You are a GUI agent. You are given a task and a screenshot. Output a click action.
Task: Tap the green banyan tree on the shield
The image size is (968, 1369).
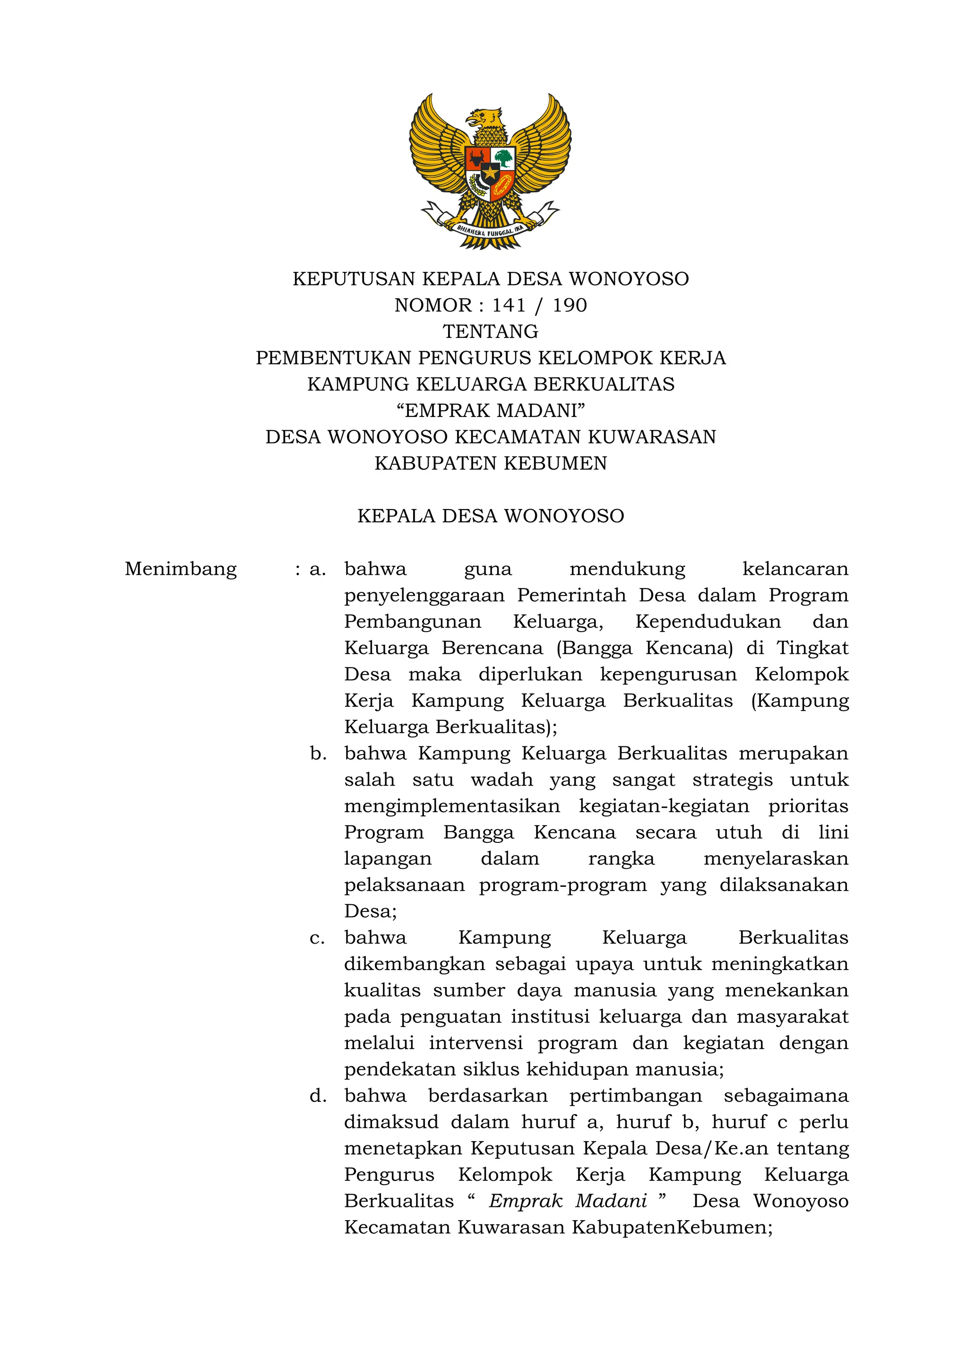[x=504, y=157]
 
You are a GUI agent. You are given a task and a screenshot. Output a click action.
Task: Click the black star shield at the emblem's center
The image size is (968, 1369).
[x=490, y=174]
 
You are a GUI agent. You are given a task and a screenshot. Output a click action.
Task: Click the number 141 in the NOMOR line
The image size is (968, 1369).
[x=509, y=305]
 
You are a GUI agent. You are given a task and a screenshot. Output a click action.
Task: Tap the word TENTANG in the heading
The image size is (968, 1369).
[x=491, y=331]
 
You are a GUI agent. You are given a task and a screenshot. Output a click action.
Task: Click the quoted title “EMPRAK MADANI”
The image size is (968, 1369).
[x=491, y=411]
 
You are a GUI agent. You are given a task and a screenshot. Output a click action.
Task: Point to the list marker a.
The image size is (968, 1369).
[x=318, y=570]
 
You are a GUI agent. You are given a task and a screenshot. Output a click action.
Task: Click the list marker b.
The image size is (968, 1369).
[x=318, y=754]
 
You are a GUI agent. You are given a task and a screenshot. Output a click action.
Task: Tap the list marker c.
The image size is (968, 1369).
[x=317, y=938]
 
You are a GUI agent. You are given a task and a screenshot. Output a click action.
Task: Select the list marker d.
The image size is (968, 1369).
[x=318, y=1096]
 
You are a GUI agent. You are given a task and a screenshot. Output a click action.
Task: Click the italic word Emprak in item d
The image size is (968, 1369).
[x=525, y=1201]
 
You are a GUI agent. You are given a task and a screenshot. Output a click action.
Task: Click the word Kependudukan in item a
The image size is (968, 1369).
[x=708, y=622]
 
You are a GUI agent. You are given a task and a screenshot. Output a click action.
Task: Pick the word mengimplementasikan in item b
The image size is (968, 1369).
[x=452, y=806]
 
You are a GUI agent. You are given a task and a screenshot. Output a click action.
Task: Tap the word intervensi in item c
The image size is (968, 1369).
[x=475, y=1043]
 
